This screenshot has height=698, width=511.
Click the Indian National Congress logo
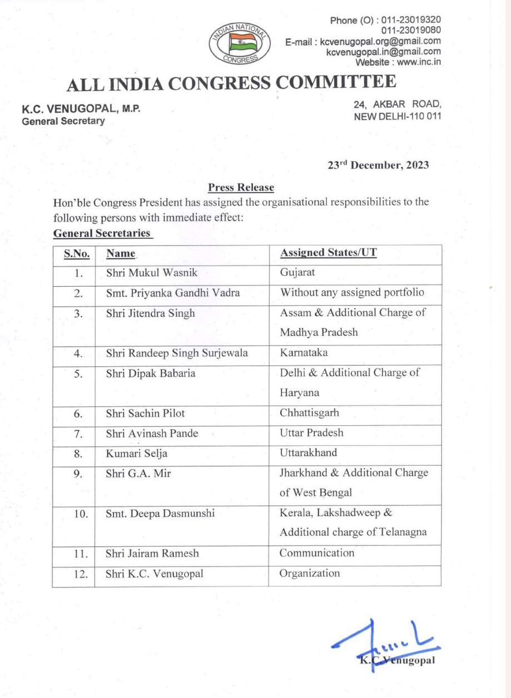[x=240, y=43]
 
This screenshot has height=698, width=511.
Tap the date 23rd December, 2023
[x=378, y=165]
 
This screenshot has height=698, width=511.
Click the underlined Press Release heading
[x=241, y=188]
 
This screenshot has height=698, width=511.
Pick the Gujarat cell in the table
[x=297, y=273]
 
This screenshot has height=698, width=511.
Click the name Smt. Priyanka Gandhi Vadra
[x=172, y=293]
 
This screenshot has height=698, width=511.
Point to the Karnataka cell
[x=304, y=353]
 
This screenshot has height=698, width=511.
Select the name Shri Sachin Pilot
[x=145, y=413]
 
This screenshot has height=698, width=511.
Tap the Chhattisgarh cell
[x=309, y=413]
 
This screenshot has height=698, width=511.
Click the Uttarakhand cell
[x=307, y=453]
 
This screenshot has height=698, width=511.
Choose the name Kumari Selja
[x=136, y=453]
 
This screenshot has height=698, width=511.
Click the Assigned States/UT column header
[x=328, y=253]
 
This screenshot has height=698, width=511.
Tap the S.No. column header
[x=76, y=253]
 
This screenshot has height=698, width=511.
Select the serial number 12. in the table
[x=81, y=574]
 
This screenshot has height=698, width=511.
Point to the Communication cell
[x=316, y=553]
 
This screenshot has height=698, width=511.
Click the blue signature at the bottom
[x=384, y=646]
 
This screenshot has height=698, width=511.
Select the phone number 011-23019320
[x=411, y=21]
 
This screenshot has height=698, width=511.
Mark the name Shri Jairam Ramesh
[x=152, y=553]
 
